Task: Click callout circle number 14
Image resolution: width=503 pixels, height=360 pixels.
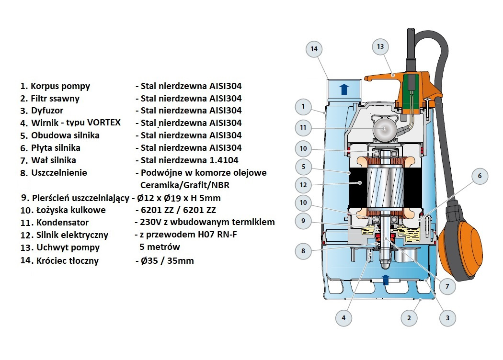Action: point(314,49)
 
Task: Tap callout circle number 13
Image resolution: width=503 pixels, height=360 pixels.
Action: point(380,47)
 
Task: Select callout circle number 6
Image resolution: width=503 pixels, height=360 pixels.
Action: point(479,176)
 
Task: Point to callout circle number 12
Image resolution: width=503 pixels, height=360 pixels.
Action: point(303,184)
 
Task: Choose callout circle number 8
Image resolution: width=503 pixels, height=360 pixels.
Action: point(303,250)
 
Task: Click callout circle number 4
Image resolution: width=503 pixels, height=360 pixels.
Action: point(343,317)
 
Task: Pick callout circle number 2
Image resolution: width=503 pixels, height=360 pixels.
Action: point(409,317)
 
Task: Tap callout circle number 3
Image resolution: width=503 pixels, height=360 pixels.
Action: point(447,317)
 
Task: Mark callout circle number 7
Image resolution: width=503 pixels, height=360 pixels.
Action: point(447,287)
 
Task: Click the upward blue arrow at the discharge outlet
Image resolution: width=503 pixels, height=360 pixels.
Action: point(343,90)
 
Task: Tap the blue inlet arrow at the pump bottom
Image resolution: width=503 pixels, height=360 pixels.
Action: point(386,281)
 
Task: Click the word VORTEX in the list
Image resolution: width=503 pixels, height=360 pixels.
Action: point(103,123)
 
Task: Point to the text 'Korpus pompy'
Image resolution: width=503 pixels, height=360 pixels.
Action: point(60,86)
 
